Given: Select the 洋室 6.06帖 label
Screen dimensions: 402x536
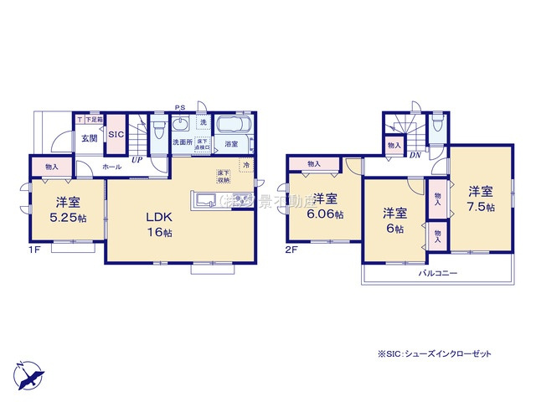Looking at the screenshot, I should pos(325,207).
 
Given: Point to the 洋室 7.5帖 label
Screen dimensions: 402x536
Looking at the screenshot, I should pos(481,198).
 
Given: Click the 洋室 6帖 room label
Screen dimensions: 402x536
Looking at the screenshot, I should pos(394,220).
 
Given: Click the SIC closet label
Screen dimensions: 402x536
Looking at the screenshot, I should pos(116,135).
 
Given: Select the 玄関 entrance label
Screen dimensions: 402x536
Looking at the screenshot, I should pos(90,139).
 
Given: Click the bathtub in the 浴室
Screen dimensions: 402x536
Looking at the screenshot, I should pos(233,126).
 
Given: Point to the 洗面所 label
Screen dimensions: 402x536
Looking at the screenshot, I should pos(183,143).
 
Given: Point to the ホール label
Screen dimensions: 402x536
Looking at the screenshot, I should pos(111,167).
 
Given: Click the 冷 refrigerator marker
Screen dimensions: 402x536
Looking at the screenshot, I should pos(246,165).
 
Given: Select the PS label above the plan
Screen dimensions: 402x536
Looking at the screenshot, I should pos(180,107).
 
